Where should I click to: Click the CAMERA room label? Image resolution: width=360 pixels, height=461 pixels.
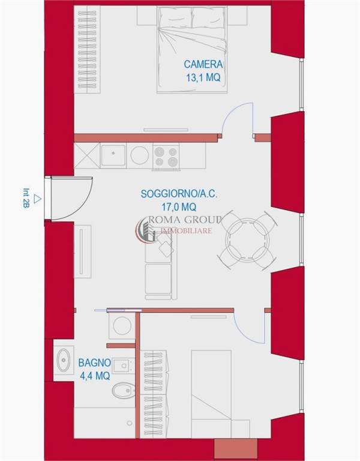click(203, 64)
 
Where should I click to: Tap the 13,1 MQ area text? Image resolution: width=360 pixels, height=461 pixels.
click(203, 77)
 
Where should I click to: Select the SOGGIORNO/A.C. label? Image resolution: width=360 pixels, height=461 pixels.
click(179, 194)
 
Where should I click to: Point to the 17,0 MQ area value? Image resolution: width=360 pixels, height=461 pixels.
click(179, 207)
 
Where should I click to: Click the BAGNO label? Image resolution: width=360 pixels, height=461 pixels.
click(95, 363)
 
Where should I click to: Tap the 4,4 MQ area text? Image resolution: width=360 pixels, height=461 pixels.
click(95, 376)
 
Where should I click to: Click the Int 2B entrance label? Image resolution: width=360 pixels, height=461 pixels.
click(26, 198)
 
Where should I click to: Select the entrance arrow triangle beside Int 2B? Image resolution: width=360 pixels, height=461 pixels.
click(37, 199)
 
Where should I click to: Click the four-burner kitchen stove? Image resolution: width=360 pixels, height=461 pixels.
click(166, 157)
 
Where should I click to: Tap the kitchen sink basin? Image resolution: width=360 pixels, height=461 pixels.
click(113, 156)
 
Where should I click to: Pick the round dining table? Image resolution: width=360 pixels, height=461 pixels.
click(247, 240)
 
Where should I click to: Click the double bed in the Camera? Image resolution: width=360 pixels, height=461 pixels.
click(192, 49)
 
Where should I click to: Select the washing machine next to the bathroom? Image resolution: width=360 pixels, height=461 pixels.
click(122, 326)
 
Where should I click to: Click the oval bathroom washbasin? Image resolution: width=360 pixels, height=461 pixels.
click(63, 360)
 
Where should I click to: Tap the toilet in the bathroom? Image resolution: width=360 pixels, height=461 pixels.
click(124, 390)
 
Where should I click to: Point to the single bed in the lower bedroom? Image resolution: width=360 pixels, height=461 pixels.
click(211, 393)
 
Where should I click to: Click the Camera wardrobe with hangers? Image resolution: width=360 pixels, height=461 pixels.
click(87, 49)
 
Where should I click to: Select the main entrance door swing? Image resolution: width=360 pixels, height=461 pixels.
click(71, 199)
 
